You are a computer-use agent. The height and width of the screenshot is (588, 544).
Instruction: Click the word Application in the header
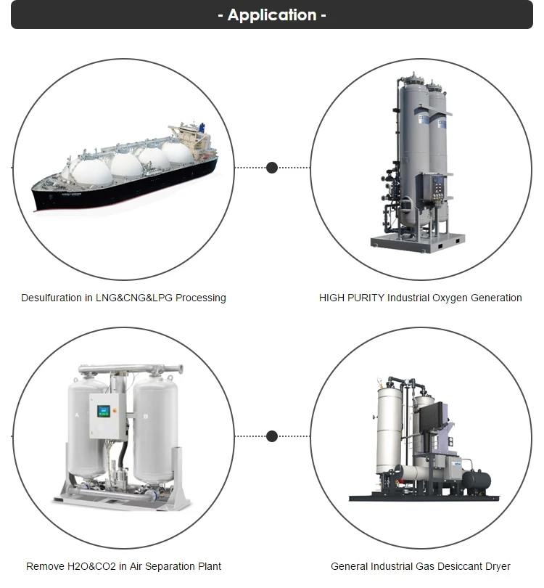pyautogui.click(x=272, y=15)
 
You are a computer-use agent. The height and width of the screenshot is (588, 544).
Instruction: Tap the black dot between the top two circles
pyautogui.click(x=272, y=168)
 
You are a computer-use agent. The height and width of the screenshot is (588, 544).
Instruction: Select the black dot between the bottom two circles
pyautogui.click(x=272, y=436)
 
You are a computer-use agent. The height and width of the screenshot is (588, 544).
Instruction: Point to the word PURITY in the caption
pyautogui.click(x=367, y=298)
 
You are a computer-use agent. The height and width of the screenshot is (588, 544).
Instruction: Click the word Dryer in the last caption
pyautogui.click(x=497, y=566)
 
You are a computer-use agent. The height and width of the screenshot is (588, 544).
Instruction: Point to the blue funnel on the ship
pyautogui.click(x=202, y=128)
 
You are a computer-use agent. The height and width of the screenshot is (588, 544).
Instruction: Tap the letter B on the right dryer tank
pyautogui.click(x=146, y=416)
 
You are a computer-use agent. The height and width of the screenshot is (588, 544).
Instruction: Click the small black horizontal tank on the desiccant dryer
pyautogui.click(x=477, y=480)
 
